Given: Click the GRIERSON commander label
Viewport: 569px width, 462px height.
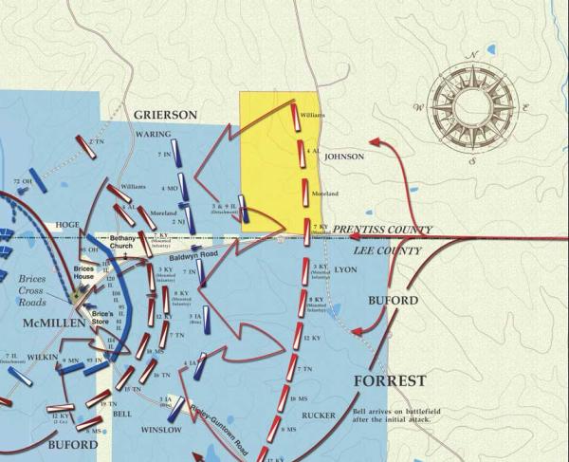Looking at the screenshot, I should [x=165, y=115].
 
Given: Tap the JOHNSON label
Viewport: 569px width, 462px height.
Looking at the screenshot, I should [x=344, y=157].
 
